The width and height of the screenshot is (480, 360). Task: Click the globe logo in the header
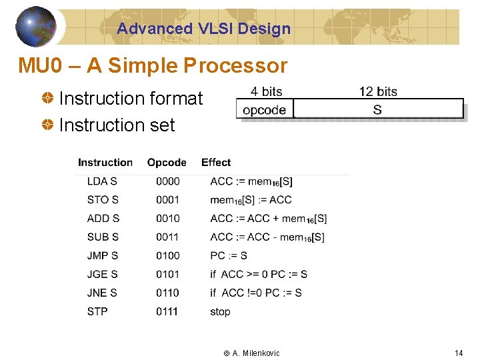click(35, 27)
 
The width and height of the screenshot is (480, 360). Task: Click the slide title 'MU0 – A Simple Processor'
click(153, 66)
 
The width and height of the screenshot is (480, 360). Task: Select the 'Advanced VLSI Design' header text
click(203, 29)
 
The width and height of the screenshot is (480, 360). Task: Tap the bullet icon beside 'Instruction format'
click(49, 99)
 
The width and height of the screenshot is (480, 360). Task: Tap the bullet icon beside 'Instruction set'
click(49, 125)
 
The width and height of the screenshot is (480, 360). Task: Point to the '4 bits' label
click(266, 92)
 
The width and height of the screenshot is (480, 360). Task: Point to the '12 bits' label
click(378, 92)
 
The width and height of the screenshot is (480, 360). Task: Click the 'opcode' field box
click(265, 109)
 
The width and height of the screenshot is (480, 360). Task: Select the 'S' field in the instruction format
click(378, 109)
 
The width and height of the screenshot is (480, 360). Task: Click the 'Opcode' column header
click(167, 163)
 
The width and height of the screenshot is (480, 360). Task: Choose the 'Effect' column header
click(216, 163)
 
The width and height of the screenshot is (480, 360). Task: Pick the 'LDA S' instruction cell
click(102, 181)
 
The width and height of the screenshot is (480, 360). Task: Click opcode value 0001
click(167, 200)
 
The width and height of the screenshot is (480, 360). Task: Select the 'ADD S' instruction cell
click(103, 219)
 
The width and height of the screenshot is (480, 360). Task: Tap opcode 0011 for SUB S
click(167, 237)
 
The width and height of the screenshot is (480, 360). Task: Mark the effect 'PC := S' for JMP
click(229, 256)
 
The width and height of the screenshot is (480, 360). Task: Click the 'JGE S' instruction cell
click(103, 275)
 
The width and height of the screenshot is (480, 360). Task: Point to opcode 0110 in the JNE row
click(167, 293)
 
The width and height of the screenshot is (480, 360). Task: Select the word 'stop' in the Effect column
click(220, 312)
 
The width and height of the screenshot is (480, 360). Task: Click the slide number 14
click(458, 353)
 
